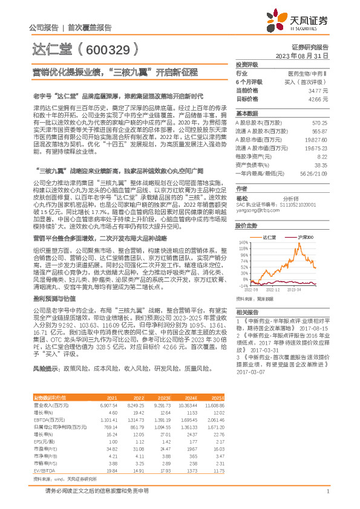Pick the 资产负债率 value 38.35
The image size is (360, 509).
point(321,164)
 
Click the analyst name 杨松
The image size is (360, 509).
point(242,198)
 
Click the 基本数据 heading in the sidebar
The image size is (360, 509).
point(246,114)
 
